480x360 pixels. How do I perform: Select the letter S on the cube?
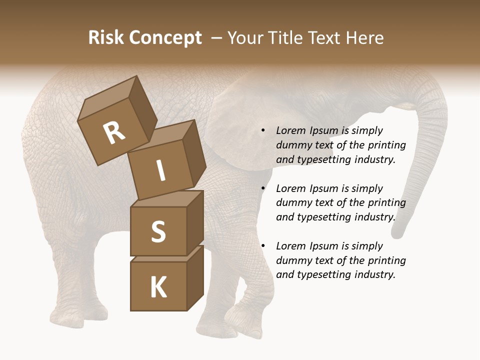[x=158, y=231]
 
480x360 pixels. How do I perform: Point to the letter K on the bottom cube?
[x=158, y=287]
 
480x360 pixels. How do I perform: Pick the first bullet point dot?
[x=263, y=131]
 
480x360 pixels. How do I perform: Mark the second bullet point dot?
[x=263, y=189]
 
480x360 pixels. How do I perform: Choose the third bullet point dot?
[x=263, y=246]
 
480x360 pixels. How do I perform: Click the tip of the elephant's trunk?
[x=399, y=232]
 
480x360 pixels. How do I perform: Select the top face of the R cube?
[x=107, y=97]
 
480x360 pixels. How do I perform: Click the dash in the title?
[x=217, y=38]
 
